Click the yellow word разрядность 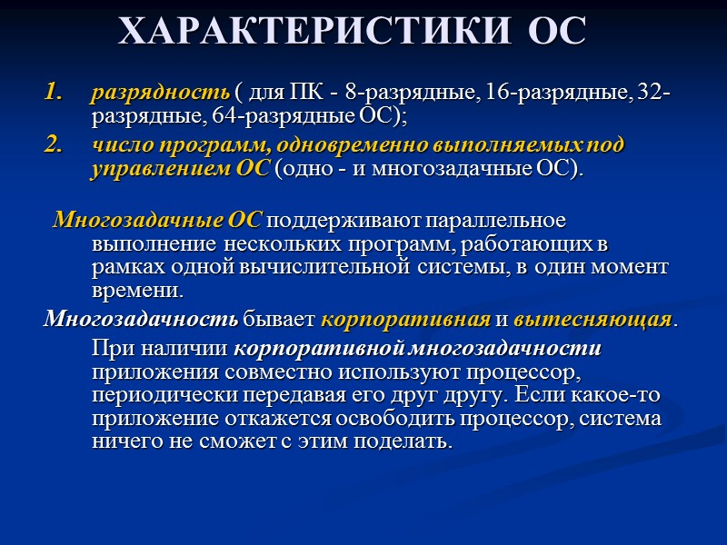click(160, 94)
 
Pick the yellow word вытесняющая click(593, 321)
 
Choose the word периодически click(154, 396)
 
